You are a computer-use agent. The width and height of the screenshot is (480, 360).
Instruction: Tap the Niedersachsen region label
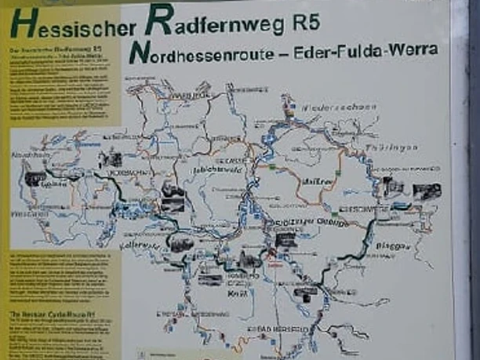click(x=341, y=107)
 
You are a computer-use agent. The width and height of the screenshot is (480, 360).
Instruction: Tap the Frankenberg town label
click(x=30, y=213)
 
